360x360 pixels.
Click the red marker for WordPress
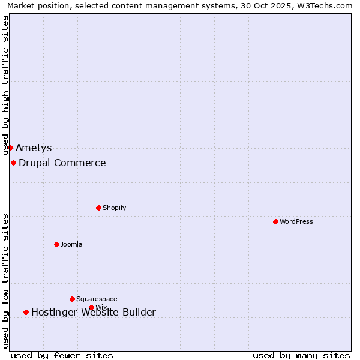pyautogui.click(x=275, y=221)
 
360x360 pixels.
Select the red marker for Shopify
pyautogui.click(x=98, y=208)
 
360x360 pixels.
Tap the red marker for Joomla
pyautogui.click(x=56, y=244)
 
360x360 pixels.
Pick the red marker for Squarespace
pyautogui.click(x=72, y=299)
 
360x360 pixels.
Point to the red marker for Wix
pyautogui.click(x=91, y=307)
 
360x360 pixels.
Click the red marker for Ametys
pyautogui.click(x=10, y=148)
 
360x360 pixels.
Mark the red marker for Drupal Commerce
pyautogui.click(x=13, y=163)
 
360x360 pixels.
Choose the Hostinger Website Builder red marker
pyautogui.click(x=26, y=312)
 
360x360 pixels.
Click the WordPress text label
pyautogui.click(x=296, y=221)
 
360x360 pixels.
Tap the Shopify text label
pyautogui.click(x=114, y=208)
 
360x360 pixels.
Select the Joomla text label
pyautogui.click(x=71, y=244)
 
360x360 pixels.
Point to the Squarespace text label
pyautogui.click(x=97, y=299)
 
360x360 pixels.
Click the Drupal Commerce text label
pyautogui.click(x=62, y=163)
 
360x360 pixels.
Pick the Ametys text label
pyautogui.click(x=34, y=148)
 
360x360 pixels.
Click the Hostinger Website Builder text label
pyautogui.click(x=94, y=312)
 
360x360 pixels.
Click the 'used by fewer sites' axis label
pyautogui.click(x=62, y=355)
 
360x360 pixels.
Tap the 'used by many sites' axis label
pyautogui.click(x=301, y=355)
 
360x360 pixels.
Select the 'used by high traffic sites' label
pyautogui.click(x=5, y=86)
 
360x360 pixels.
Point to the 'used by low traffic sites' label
pyautogui.click(x=5, y=281)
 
